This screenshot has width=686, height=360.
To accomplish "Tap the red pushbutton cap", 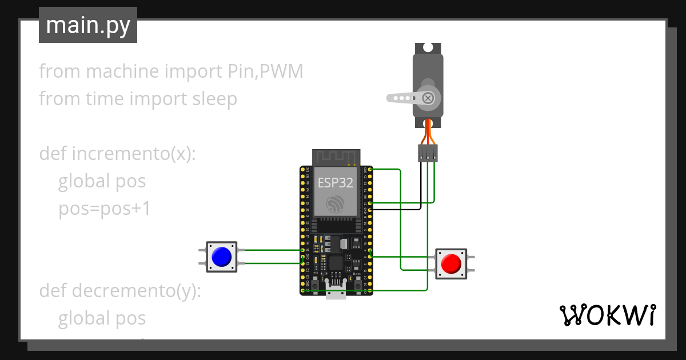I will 451,263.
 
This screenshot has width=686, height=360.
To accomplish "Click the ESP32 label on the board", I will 336,183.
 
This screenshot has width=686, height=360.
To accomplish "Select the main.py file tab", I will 88,26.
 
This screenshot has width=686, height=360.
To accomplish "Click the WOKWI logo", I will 607,315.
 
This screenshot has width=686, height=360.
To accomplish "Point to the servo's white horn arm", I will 403,98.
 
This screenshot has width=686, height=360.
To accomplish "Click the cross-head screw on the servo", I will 427,98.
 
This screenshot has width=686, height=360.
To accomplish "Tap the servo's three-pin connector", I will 428,153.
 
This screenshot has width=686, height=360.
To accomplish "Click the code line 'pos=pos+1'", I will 105,209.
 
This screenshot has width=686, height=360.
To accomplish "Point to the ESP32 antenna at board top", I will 336,157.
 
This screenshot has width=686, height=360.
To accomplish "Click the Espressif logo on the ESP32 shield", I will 335,205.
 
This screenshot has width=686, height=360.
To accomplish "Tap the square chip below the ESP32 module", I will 336,263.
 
